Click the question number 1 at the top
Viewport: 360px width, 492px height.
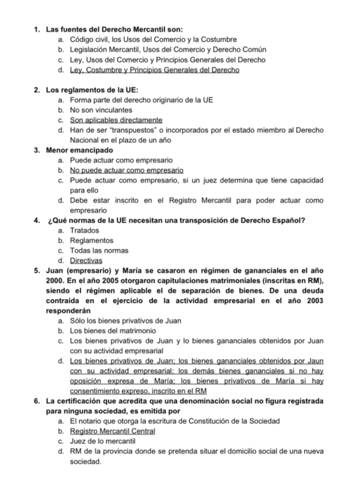pyautogui.click(x=36, y=28)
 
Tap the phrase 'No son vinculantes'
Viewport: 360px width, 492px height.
pyautogui.click(x=101, y=110)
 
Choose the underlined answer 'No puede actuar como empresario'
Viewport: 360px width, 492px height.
pyautogui.click(x=126, y=171)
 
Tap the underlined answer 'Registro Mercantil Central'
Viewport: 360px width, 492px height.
pyautogui.click(x=112, y=431)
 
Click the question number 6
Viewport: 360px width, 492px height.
pyautogui.click(x=36, y=401)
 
